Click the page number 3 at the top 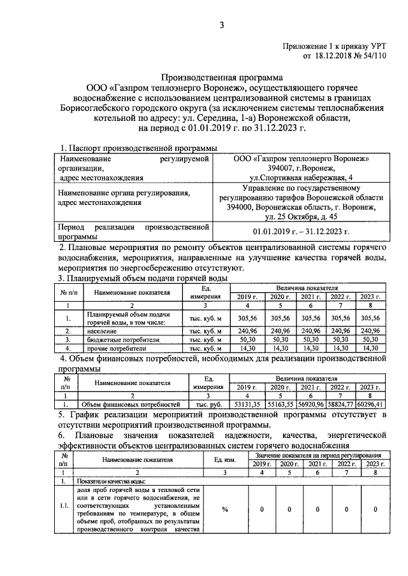tap(222, 25)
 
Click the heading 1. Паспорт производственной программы tap(138, 148)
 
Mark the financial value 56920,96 tap(308, 404)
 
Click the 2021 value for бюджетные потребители tap(308, 340)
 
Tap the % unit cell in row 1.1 tap(225, 509)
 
